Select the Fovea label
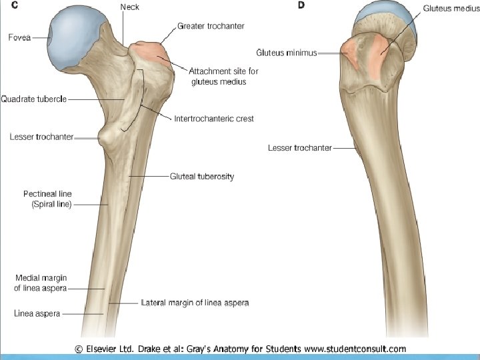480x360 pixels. [x=19, y=37]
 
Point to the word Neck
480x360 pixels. [x=130, y=7]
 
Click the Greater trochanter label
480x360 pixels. [x=211, y=26]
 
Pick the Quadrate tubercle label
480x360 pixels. [x=33, y=99]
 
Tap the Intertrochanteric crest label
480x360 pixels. [x=214, y=119]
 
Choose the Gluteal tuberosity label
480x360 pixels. [x=202, y=177]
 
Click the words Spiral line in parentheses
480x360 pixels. [x=51, y=205]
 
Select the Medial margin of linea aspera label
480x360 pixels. [x=41, y=283]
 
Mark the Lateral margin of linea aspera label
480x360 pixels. [x=195, y=303]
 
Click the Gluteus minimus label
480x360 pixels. [x=287, y=51]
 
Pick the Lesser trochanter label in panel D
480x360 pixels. [x=299, y=147]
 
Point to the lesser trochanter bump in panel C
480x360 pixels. [x=106, y=139]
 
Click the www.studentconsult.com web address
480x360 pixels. [x=355, y=349]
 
